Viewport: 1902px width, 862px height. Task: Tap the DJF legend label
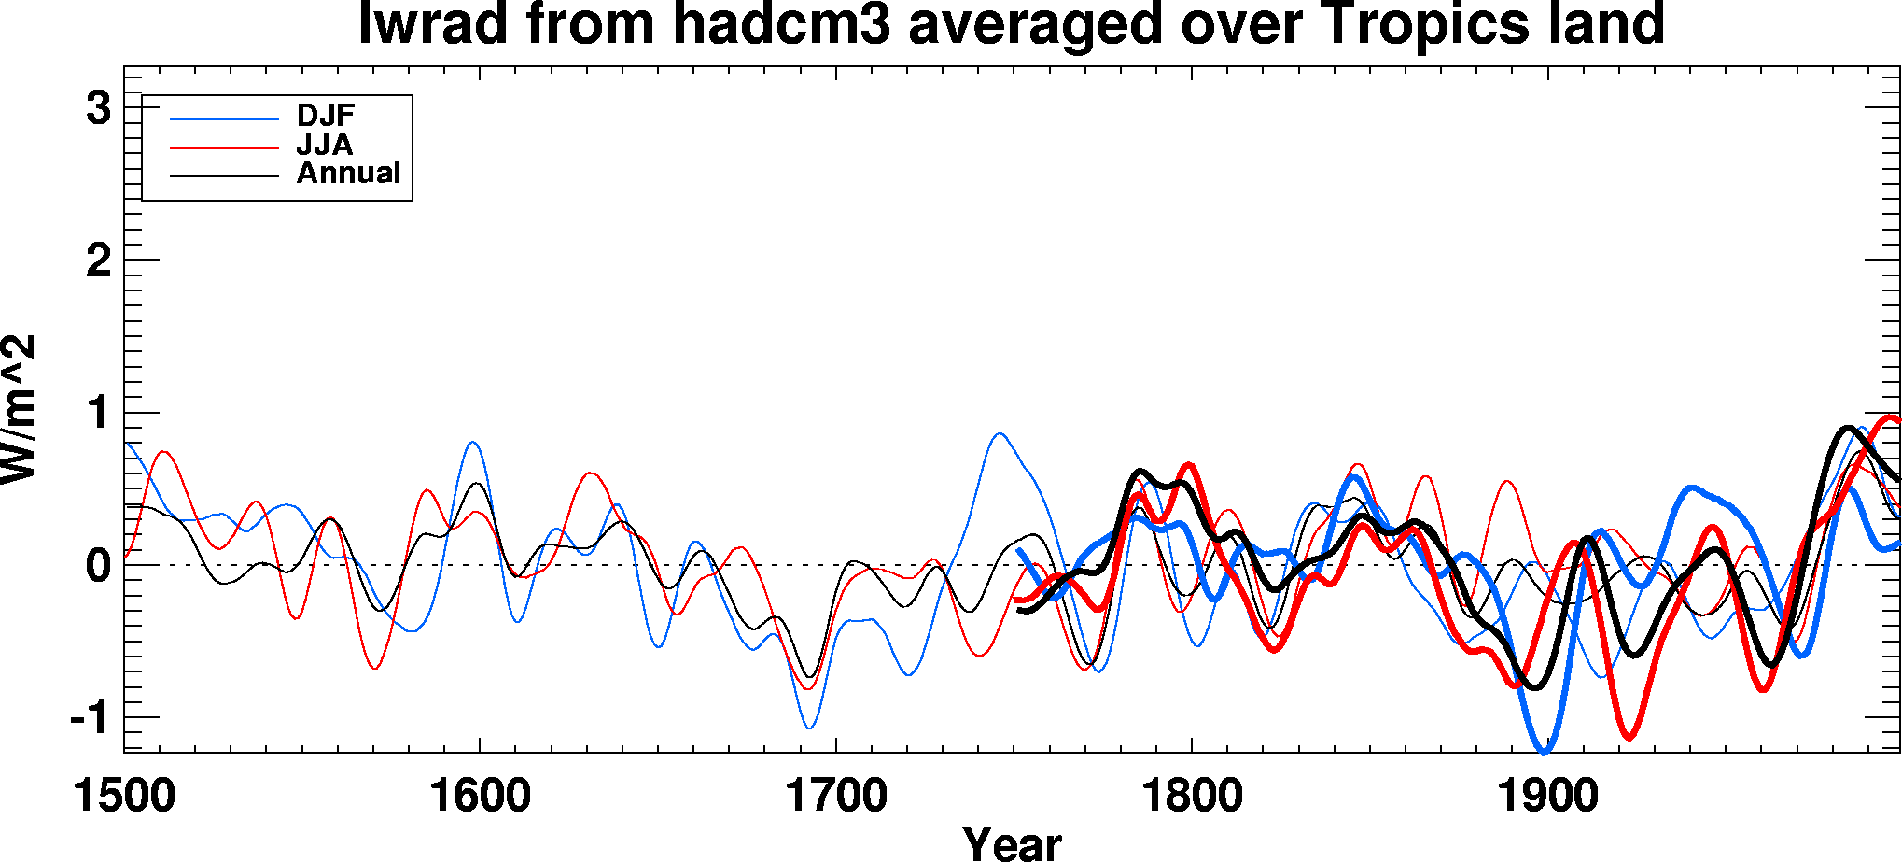pyautogui.click(x=326, y=116)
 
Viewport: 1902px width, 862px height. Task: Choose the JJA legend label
pyautogui.click(x=325, y=145)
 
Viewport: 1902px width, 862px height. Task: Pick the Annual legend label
pyautogui.click(x=348, y=173)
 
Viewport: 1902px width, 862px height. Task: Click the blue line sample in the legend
pyautogui.click(x=224, y=119)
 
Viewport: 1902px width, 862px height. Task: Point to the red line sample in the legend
pyautogui.click(x=224, y=148)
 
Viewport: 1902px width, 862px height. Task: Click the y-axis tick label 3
pyautogui.click(x=98, y=108)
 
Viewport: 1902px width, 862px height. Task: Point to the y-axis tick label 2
pyautogui.click(x=98, y=261)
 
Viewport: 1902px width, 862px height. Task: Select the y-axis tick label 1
pyautogui.click(x=98, y=413)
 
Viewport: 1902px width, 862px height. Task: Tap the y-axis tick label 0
pyautogui.click(x=98, y=565)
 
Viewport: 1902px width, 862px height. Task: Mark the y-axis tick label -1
pyautogui.click(x=90, y=718)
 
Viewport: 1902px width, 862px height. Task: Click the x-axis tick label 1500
pyautogui.click(x=124, y=797)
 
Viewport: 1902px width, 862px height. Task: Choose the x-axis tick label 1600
pyautogui.click(x=480, y=797)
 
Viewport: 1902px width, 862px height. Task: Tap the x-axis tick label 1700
pyautogui.click(x=836, y=797)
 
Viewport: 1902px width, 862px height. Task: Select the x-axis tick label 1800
pyautogui.click(x=1192, y=797)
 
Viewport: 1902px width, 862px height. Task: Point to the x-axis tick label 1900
pyautogui.click(x=1548, y=797)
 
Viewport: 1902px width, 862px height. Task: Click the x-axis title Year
pyautogui.click(x=1013, y=843)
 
